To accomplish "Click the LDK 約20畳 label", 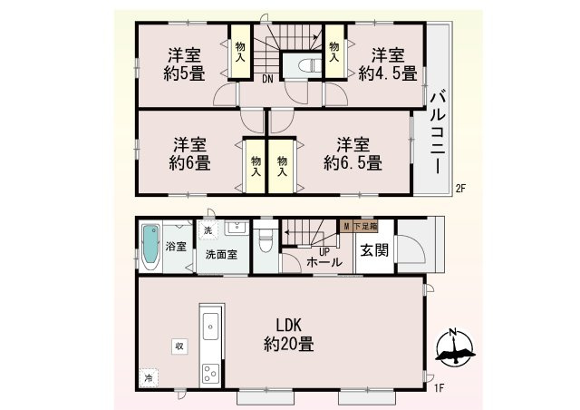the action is tap(289, 335).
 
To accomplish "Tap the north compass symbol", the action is tap(455, 347).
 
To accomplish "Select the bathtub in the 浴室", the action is tap(151, 247).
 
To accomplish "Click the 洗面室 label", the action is tap(221, 255).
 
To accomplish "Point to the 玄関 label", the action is tap(374, 250).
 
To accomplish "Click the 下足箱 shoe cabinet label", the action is tap(365, 226).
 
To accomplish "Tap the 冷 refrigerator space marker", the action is tap(149, 378).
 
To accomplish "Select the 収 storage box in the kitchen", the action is tap(179, 347).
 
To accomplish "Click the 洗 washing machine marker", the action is tap(208, 230).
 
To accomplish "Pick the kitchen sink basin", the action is tap(210, 326).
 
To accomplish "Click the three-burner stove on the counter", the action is tap(210, 374).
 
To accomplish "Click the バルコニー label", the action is tap(438, 132).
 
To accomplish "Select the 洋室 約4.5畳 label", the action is tap(388, 64).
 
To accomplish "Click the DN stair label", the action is tap(268, 79).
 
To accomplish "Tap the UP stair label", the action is tap(324, 252).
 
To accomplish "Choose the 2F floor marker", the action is tap(460, 189).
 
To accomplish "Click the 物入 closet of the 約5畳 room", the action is tap(240, 52).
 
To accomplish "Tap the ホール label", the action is tap(324, 262).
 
